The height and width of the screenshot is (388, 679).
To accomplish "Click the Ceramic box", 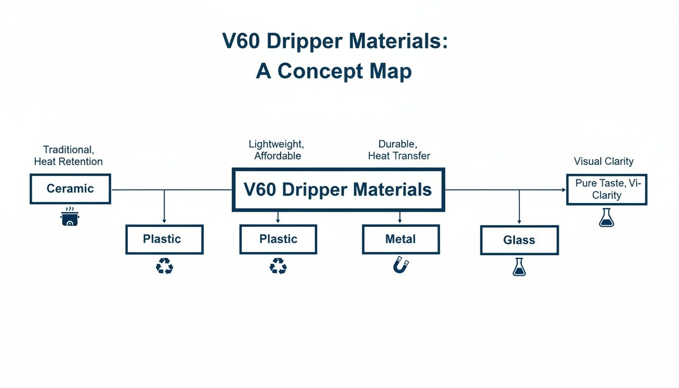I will (x=70, y=189).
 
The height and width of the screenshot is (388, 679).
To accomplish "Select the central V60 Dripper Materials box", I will (x=337, y=189).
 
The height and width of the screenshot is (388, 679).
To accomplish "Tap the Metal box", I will (x=401, y=239).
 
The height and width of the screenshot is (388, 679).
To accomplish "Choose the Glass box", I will (x=519, y=240).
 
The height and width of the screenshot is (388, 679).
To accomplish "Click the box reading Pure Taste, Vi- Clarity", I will (x=606, y=189).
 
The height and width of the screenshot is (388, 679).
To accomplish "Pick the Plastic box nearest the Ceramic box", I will (x=164, y=239).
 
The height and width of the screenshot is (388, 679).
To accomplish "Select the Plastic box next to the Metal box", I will (x=278, y=239).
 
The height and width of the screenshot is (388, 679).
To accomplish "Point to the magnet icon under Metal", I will (x=401, y=264).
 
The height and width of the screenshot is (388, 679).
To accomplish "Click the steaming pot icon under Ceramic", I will (x=70, y=217).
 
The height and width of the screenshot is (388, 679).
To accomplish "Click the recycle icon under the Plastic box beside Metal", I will (x=278, y=265).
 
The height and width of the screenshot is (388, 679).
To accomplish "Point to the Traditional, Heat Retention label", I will (x=68, y=156).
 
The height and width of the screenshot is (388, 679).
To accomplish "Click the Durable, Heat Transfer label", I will (x=399, y=150).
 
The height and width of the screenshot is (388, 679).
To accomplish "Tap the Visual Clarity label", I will (x=603, y=162).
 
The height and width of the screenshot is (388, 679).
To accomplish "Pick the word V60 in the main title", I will (x=240, y=41).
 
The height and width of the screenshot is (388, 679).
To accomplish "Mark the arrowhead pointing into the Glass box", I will (x=519, y=222).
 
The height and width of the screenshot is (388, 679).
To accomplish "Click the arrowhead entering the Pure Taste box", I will (x=563, y=190).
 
